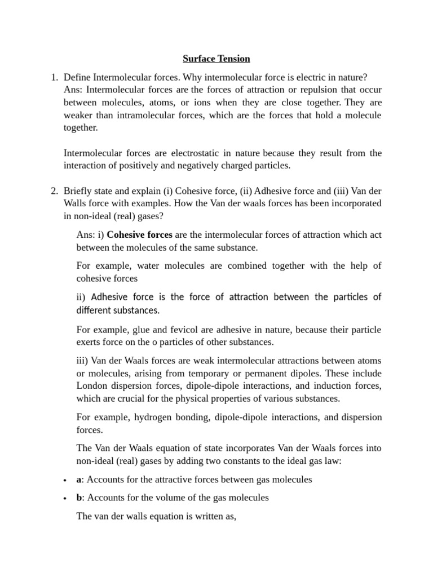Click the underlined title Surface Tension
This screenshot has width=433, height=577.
216,59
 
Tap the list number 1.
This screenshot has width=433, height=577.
54,77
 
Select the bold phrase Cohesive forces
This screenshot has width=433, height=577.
139,234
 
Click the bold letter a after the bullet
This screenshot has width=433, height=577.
79,480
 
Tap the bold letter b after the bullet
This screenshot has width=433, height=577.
79,498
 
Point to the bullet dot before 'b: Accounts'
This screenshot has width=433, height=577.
65,498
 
